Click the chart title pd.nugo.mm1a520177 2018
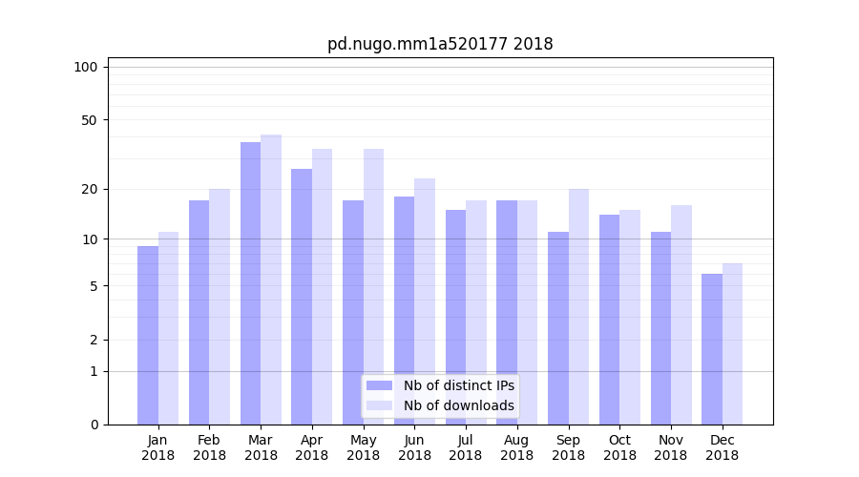[440, 44]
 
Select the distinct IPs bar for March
[250, 283]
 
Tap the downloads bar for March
[271, 280]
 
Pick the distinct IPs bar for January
[148, 335]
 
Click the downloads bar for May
[373, 286]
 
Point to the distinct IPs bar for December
[712, 349]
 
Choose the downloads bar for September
[578, 306]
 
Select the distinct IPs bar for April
[302, 297]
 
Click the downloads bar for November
[681, 315]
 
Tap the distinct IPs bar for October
[610, 320]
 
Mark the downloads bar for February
[220, 306]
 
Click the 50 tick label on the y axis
[89, 120]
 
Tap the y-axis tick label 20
[89, 189]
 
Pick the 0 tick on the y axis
[93, 425]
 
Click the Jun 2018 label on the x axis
[414, 447]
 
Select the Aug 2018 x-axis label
[517, 447]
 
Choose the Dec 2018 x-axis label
[723, 447]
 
